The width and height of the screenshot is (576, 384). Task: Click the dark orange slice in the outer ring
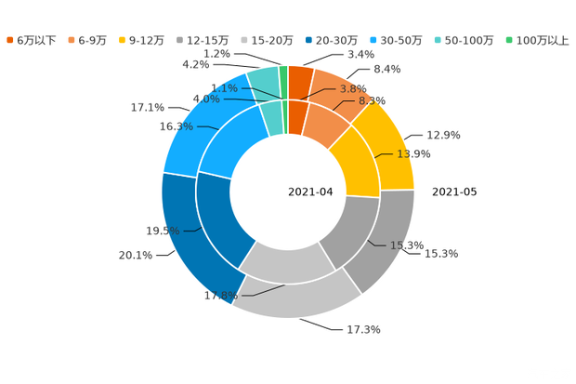tap(299, 82)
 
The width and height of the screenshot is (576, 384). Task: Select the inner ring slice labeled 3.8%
tap(296, 116)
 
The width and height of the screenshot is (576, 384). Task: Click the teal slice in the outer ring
tap(264, 83)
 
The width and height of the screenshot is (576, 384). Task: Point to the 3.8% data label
tap(354, 88)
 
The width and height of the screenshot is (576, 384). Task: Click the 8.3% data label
tap(372, 100)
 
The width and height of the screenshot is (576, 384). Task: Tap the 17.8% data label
tap(220, 297)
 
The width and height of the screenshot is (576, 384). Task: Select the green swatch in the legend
tap(509, 40)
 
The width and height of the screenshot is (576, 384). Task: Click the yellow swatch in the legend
tap(124, 40)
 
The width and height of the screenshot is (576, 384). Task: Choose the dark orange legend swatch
tap(10, 40)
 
